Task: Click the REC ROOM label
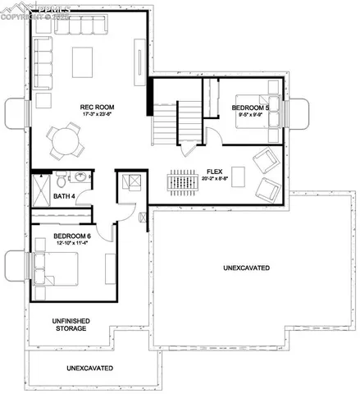pos(97,108)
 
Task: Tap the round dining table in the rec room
pos(65,142)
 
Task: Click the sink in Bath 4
pos(80,176)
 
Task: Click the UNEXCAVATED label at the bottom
pos(90,368)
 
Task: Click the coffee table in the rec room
pos(84,62)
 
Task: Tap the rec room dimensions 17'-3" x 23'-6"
pos(97,116)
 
